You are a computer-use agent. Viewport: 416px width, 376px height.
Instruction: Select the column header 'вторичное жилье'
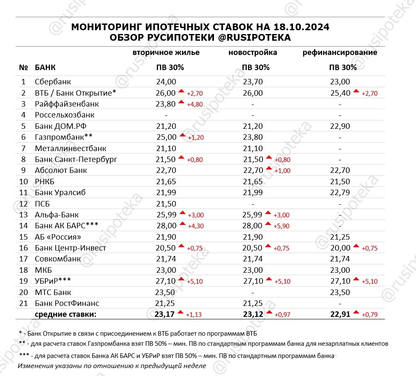click(x=166, y=53)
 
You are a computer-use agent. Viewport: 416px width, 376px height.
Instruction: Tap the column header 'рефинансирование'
click(x=340, y=53)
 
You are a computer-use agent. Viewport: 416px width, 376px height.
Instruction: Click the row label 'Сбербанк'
click(x=53, y=82)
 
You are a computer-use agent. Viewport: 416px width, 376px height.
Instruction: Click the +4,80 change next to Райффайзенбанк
click(x=195, y=104)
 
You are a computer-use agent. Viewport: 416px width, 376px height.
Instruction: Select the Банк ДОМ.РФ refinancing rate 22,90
click(x=340, y=126)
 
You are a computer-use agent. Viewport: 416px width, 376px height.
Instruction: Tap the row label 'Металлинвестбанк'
click(x=70, y=148)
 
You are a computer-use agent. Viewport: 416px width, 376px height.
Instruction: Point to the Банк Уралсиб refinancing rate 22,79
click(x=340, y=193)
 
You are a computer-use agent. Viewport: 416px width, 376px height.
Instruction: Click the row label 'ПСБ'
click(x=43, y=204)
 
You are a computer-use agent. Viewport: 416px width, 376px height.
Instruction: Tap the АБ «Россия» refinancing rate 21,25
click(x=340, y=237)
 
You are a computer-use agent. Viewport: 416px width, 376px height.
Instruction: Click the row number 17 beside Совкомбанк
click(x=23, y=259)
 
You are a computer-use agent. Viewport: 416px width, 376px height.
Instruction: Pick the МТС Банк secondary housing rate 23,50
click(x=166, y=292)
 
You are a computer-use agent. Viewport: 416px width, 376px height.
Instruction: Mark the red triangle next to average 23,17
click(x=181, y=312)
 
